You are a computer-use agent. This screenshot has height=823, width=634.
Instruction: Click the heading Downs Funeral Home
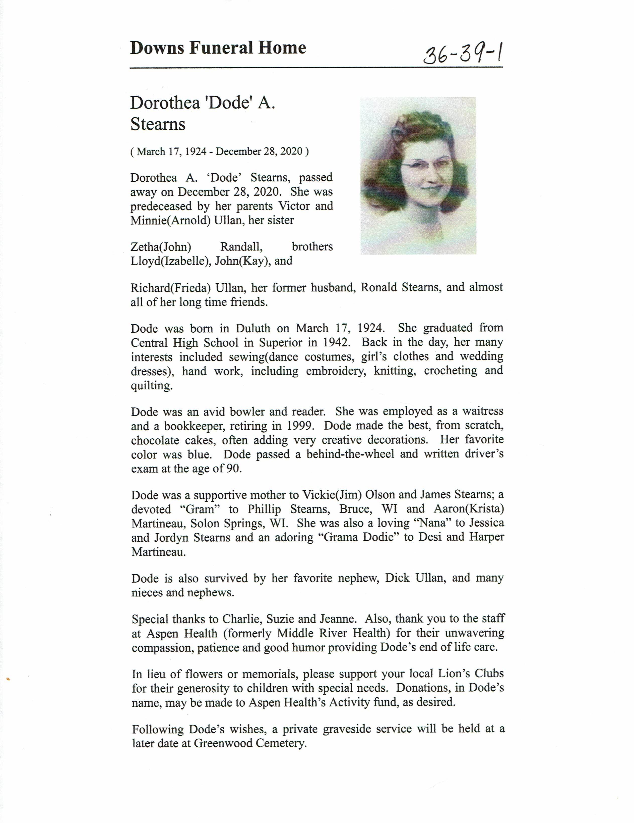pos(218,48)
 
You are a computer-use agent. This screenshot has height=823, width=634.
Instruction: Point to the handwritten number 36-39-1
pos(463,54)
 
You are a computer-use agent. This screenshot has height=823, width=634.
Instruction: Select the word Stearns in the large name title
pos(158,124)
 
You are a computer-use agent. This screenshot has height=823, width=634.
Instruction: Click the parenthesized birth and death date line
pos(219,151)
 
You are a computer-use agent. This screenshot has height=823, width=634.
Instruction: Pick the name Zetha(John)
pos(161,247)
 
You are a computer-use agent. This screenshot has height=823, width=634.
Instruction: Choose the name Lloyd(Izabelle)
pos(170,261)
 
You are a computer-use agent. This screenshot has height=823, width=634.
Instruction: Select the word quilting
pos(152,386)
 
